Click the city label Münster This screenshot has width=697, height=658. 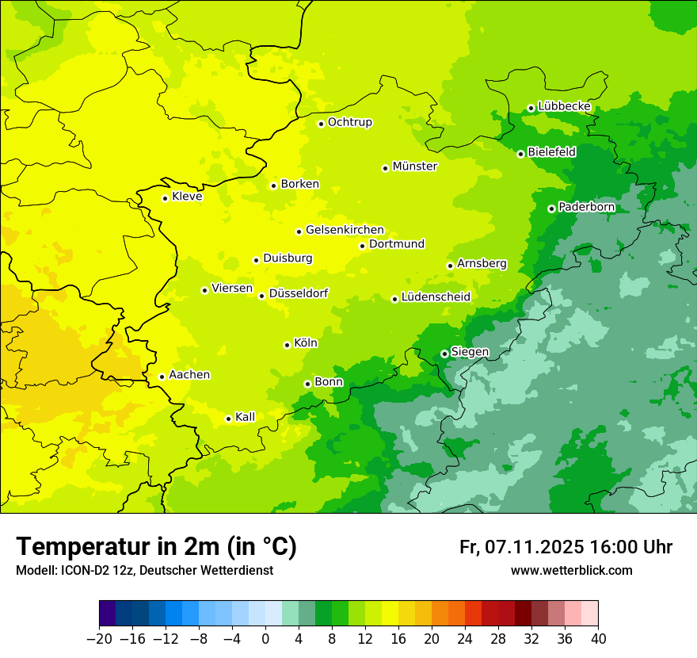coord(414,166)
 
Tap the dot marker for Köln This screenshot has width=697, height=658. coord(287,345)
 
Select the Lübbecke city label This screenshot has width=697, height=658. coord(564,106)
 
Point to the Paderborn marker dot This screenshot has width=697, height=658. coord(551,208)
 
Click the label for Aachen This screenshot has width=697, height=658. coord(189,375)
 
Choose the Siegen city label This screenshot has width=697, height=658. coord(470,352)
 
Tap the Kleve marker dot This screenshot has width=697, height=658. coord(165,198)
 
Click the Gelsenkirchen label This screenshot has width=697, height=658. coord(345,230)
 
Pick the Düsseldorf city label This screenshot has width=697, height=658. coord(299,293)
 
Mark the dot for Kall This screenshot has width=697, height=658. coord(228,419)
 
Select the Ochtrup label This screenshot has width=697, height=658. coord(349,122)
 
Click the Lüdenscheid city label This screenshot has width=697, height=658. coord(436,297)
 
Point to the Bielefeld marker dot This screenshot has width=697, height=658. coord(520,154)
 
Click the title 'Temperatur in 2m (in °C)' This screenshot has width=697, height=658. coord(156,547)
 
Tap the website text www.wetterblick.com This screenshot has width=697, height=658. coord(571,571)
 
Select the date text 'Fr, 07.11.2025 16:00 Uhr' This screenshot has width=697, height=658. coord(566,547)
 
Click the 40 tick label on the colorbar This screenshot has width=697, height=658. coord(598,639)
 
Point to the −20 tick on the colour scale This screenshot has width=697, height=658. coord(99,639)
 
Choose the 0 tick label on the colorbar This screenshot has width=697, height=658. coord(265,639)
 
